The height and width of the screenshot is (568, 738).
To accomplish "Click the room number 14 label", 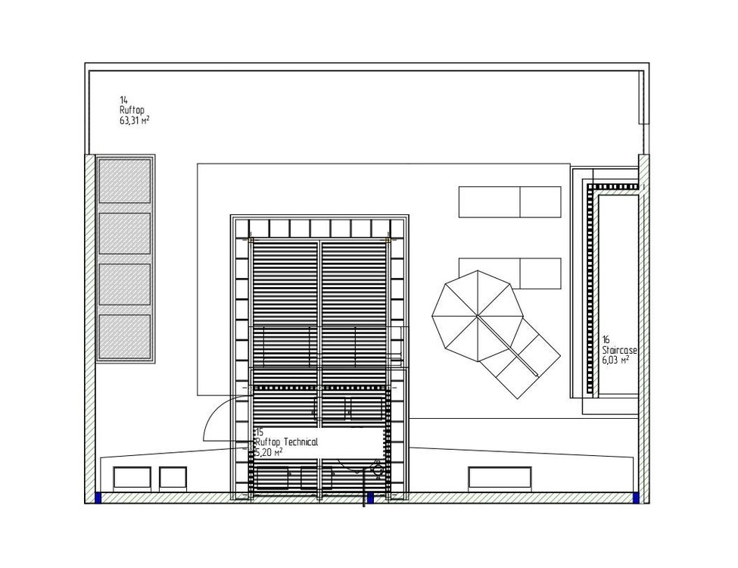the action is coord(123,100).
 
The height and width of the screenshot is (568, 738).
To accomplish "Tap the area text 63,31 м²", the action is coord(135,120).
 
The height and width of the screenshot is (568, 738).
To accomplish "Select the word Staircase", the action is coord(619,350).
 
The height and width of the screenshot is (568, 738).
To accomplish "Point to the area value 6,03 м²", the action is coord(615,360).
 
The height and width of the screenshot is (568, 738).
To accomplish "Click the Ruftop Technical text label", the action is coord(286,442).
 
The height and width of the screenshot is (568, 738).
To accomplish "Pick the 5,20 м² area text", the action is coord(268,452).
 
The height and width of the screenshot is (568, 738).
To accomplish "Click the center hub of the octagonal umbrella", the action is coord(478,316).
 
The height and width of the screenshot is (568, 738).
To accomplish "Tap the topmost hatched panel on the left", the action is coord(125,181).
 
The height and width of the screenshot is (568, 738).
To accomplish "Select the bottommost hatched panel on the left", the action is coord(125,336).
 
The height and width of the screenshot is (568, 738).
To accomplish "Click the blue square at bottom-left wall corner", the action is coord(98,498).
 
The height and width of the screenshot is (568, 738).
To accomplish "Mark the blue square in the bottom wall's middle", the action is coord(370,498).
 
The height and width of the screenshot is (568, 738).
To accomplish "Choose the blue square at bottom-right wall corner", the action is coord(636,498).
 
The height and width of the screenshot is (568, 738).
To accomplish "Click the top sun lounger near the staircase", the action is coord(509,202).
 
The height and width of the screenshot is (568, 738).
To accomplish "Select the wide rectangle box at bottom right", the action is coord(500,477).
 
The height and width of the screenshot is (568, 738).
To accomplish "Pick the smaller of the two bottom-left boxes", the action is coord(173,477).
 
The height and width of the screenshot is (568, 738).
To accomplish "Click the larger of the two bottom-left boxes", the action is coord(132,477).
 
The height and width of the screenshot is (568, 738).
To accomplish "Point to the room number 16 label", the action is coord(606,339).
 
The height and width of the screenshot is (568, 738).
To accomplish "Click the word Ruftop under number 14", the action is coord(132,111).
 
